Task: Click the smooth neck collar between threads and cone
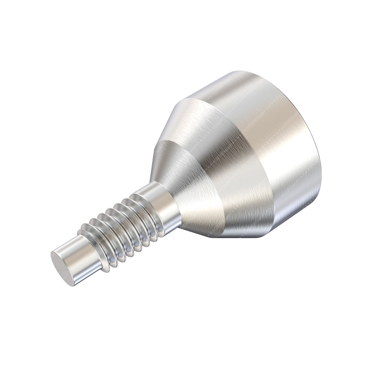(166, 207)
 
